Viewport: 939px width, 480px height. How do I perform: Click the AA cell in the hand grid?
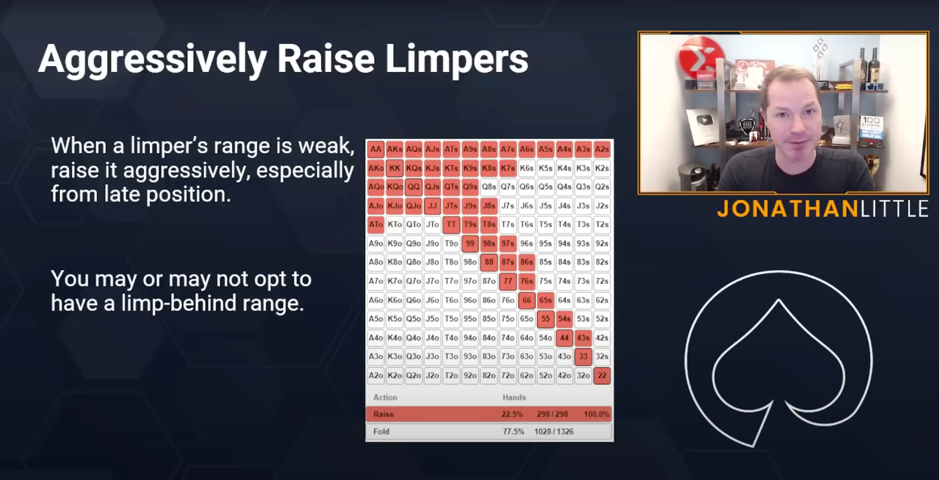[x=376, y=149]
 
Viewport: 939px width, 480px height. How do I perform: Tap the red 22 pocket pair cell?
[x=602, y=375]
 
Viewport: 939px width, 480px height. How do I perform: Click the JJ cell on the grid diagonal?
[x=432, y=206]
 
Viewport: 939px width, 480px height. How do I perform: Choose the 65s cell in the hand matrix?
[x=545, y=300]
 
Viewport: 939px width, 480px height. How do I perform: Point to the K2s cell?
[x=602, y=168]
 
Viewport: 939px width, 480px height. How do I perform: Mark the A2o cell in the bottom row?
[x=376, y=375]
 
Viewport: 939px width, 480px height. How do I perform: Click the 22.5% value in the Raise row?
[x=512, y=414]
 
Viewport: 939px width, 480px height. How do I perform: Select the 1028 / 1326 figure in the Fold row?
[x=554, y=432]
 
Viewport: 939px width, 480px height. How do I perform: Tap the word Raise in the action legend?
[x=383, y=414]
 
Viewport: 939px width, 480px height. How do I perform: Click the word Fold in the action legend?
[x=381, y=432]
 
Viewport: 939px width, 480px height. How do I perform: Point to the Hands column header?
[x=514, y=397]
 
